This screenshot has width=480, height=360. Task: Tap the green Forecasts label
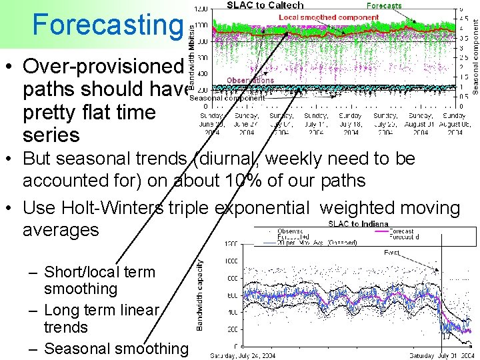click(x=383, y=6)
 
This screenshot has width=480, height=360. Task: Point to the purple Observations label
click(x=250, y=80)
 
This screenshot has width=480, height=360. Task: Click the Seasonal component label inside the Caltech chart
click(x=227, y=98)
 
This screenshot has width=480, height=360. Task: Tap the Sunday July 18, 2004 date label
click(x=351, y=123)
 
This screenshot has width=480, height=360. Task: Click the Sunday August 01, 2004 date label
click(x=420, y=123)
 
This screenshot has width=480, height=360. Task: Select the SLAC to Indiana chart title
click(x=358, y=223)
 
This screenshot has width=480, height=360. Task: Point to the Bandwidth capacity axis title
click(x=199, y=295)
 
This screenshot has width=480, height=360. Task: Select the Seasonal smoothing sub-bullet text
click(x=116, y=348)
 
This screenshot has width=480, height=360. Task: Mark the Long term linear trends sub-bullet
click(x=100, y=319)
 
